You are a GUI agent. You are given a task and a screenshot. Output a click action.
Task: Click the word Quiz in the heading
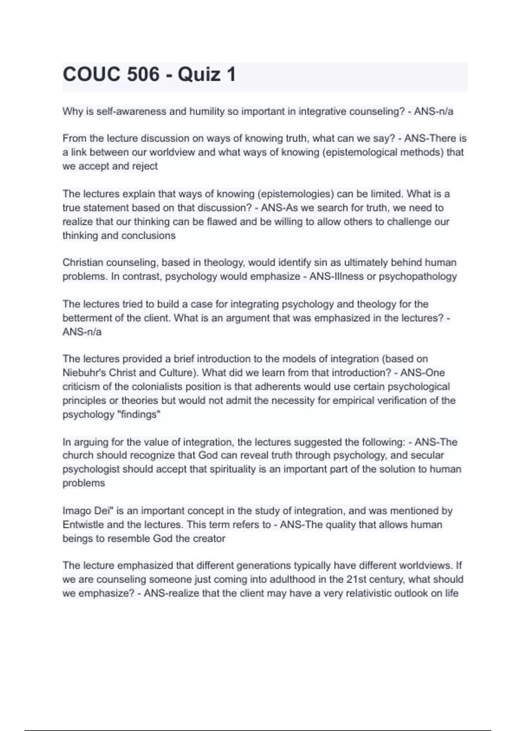[199, 74]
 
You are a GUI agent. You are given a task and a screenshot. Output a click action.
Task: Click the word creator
[209, 539]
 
